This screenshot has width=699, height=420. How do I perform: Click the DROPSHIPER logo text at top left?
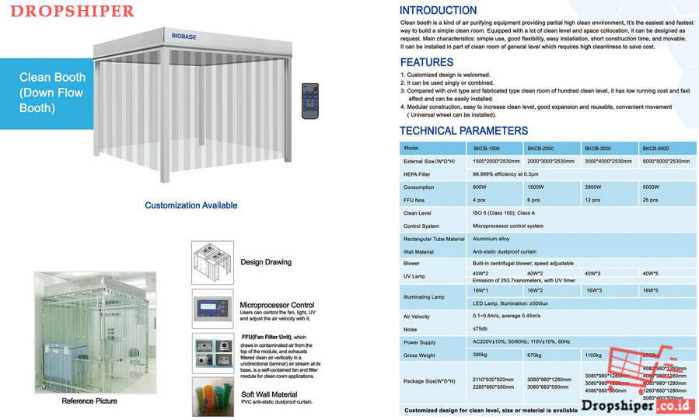[x=73, y=12]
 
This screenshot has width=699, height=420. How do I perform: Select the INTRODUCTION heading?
[x=438, y=11]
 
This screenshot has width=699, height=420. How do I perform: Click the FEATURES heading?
[x=426, y=62]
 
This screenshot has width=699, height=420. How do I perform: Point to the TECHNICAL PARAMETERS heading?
[x=463, y=131]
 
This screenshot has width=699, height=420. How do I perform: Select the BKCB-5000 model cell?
[x=658, y=148]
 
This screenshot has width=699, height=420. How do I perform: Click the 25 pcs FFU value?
[x=650, y=200]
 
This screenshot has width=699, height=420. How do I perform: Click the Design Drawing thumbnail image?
[x=212, y=262]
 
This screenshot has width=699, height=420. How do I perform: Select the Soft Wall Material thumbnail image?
[x=212, y=397]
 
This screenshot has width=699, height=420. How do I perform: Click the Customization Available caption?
[x=190, y=205]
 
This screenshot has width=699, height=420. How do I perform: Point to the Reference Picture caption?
[x=89, y=401]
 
